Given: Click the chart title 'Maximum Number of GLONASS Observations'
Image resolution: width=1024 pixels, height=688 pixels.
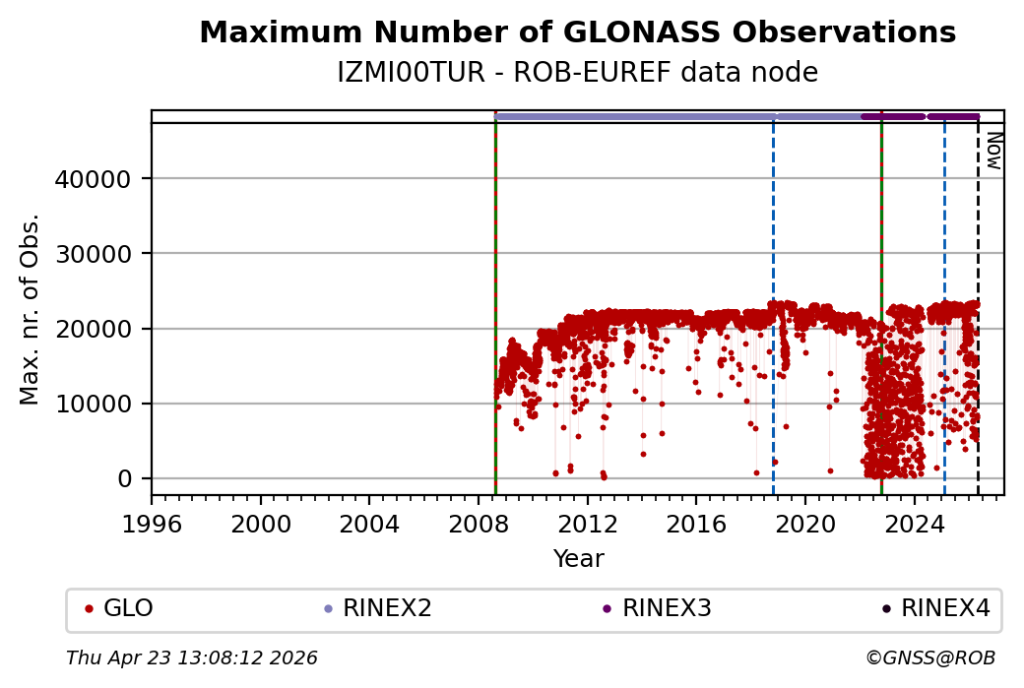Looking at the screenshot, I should coord(577,33).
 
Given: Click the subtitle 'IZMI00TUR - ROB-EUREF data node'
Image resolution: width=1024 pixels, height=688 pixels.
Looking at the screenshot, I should coord(577,73).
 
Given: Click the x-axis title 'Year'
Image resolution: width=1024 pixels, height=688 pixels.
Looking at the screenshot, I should coord(578,559).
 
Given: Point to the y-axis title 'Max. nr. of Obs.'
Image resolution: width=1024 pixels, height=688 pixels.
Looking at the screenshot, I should coord(31,308).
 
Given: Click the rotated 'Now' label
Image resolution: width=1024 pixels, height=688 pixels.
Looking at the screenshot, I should coord(993,150).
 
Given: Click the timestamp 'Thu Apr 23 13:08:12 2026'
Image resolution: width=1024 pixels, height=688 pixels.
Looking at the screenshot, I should coord(192,657).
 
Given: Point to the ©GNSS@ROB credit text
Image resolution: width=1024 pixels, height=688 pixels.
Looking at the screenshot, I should coord(930,657).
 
